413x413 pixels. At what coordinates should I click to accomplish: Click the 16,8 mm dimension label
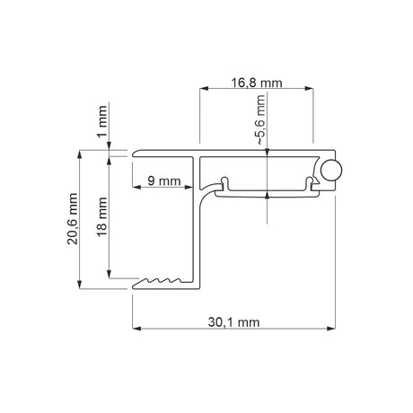(257, 83)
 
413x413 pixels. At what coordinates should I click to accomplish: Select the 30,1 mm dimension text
(233, 322)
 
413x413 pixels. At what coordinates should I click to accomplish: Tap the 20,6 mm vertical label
(73, 219)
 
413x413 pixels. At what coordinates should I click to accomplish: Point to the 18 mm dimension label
(102, 216)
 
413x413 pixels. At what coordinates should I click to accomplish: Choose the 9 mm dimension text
(164, 181)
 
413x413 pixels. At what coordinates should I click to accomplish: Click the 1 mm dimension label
(102, 121)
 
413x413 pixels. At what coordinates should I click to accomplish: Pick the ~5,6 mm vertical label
(260, 120)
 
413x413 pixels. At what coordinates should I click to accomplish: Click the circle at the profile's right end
(331, 171)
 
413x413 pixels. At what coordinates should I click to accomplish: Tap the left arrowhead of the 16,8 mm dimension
(204, 88)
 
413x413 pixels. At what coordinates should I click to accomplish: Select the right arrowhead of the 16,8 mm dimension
(309, 88)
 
